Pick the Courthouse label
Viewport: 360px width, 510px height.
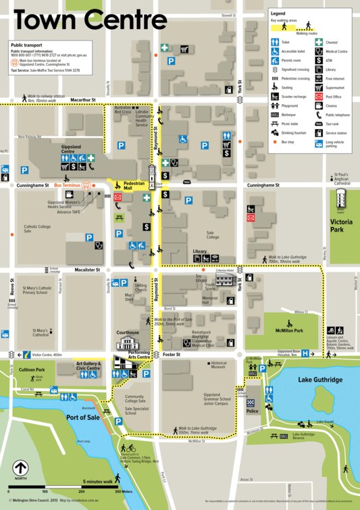point(128,332)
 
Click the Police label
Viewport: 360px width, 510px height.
point(252,411)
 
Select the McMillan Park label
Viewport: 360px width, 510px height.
point(288,331)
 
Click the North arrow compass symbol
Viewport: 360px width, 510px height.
point(21,467)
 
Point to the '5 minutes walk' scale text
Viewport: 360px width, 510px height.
point(99,482)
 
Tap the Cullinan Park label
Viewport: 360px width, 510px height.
point(31,370)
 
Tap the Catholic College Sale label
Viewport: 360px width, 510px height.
point(37,230)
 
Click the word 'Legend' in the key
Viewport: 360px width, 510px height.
point(278,13)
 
